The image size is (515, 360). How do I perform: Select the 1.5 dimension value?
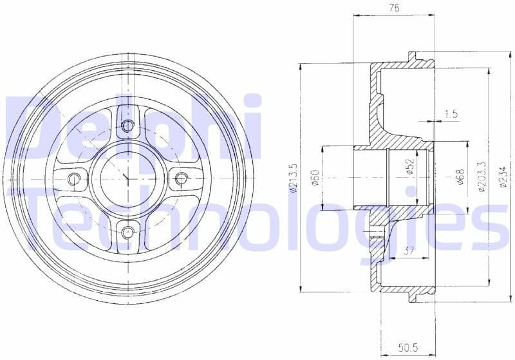coord(451,114)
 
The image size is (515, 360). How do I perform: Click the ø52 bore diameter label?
coord(409,169)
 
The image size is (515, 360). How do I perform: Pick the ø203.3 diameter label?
coord(481,178)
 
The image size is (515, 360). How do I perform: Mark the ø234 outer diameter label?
coord(502,178)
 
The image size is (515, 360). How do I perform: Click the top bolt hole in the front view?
coord(127,125)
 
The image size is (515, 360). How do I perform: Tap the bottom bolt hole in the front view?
coord(127,231)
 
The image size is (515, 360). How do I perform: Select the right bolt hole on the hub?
coord(181,178)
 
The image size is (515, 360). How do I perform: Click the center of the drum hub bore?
coord(127,178)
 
